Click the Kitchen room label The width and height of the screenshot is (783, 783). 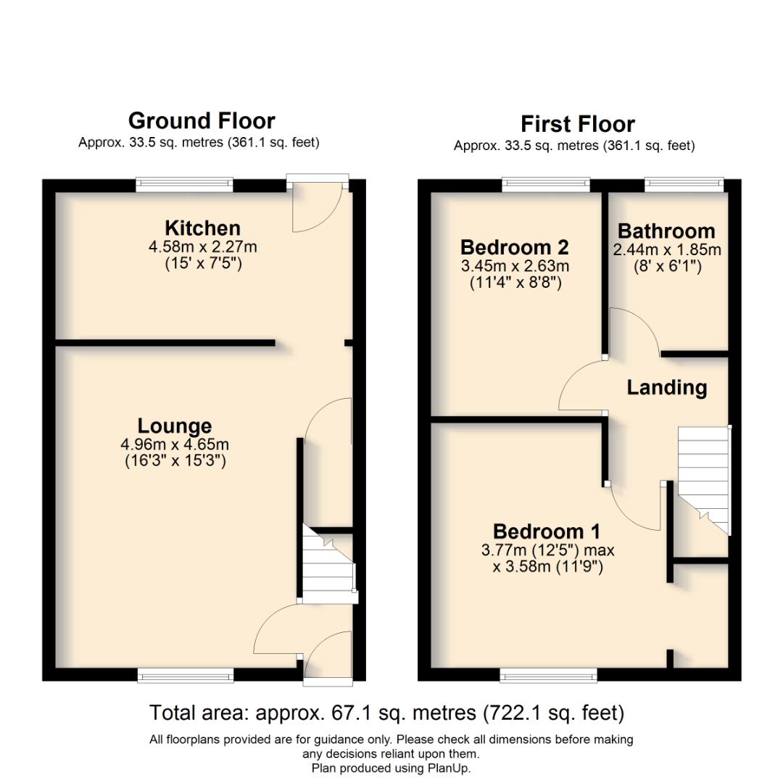coord(202,228)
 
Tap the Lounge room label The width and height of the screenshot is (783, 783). coord(175,426)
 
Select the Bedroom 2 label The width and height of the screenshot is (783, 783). coord(514,247)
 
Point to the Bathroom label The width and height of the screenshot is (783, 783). coord(666,231)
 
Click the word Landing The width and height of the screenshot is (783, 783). coord(667,388)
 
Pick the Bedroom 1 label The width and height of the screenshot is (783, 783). coord(547,532)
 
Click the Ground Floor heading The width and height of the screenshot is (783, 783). coord(202,120)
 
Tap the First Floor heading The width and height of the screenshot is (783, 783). coord(577,124)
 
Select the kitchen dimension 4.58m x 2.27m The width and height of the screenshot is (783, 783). coord(203,247)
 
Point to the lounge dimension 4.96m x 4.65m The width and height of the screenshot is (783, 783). coord(175,444)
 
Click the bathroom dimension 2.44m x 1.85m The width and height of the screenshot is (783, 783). coord(667,250)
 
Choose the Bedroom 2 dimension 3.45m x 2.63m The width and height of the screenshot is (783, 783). coord(515,266)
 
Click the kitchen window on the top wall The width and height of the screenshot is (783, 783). coord(184,185)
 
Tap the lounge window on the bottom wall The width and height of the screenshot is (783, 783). coord(186,676)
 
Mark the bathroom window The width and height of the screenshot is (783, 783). coord(684,184)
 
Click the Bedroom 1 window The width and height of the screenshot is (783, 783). coord(549,676)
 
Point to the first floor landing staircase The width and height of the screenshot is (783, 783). coord(703,478)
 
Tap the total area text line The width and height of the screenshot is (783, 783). coord(386,713)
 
